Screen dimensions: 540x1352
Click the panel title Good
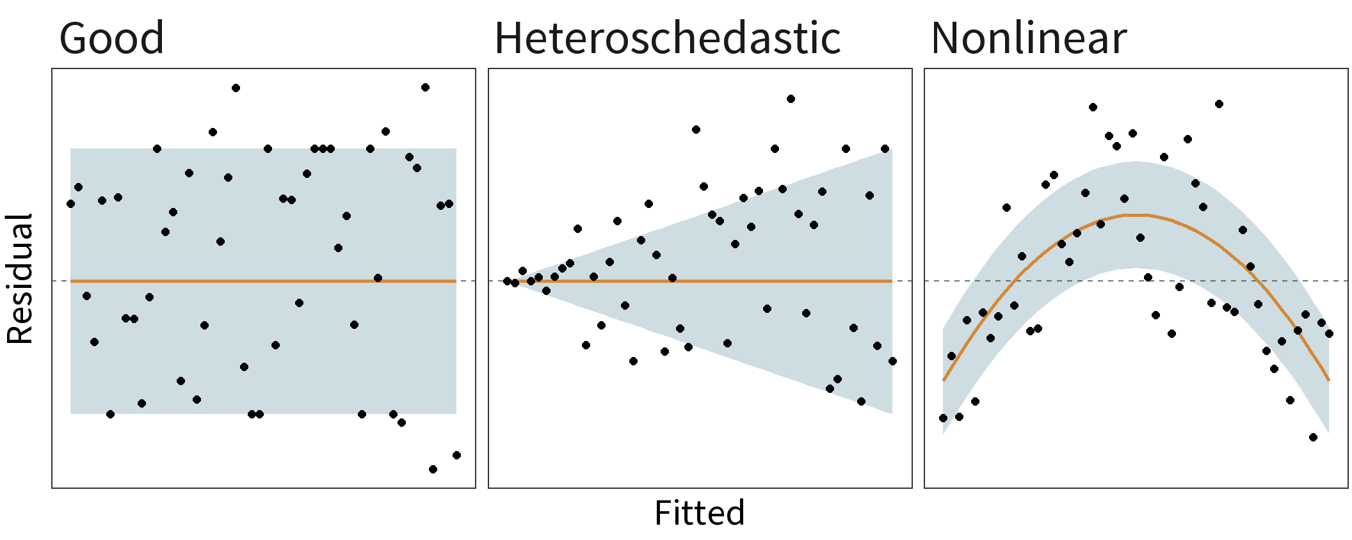pos(111,38)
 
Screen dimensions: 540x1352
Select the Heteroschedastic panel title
pos(667,38)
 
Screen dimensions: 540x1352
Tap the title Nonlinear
pos(1028,38)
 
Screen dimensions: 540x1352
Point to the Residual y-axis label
pos(20,279)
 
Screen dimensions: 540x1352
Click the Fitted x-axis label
pos(700,513)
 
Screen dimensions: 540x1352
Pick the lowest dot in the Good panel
pos(433,469)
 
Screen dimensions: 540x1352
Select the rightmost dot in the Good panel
pos(456,455)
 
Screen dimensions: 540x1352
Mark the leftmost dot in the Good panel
pos(70,204)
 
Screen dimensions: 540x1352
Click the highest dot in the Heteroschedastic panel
pos(791,99)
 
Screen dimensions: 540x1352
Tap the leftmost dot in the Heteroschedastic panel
pos(507,281)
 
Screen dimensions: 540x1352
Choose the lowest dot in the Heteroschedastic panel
pos(861,401)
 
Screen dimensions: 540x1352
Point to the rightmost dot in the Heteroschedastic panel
pos(892,361)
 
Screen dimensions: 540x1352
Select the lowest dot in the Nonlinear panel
pos(1313,437)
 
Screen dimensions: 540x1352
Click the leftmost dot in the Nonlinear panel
pos(943,418)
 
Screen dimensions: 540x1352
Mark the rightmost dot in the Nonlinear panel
pos(1329,333)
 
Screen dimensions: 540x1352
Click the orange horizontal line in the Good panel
pos(256,281)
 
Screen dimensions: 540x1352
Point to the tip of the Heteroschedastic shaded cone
pos(512,282)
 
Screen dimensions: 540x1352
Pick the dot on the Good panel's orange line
pos(378,278)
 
